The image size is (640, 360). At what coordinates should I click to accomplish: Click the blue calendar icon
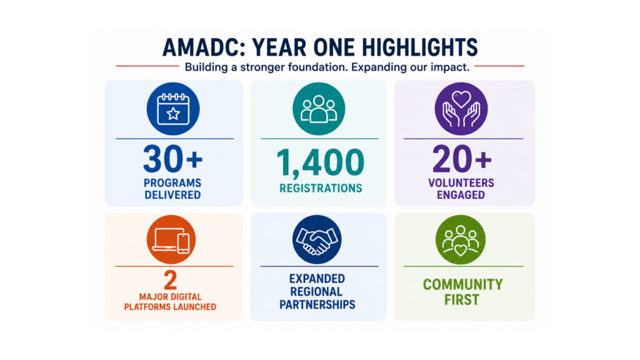coord(173,109)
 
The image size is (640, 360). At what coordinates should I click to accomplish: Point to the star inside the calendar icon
coord(173,114)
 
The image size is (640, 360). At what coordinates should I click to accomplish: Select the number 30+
coord(172,159)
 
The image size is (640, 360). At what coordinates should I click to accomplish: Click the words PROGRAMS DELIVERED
coord(172,189)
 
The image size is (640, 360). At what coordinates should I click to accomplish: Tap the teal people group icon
coord(319,109)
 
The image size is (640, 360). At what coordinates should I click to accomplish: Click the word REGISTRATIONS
coord(321,188)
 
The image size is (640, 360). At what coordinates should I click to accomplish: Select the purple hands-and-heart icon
coord(461,109)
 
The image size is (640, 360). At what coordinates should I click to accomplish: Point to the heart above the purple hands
coord(461,99)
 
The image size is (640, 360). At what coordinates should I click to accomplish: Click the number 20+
coord(462,159)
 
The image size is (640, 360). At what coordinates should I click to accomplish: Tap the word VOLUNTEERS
coord(461,183)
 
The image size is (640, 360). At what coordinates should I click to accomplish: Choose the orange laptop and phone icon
coord(171,239)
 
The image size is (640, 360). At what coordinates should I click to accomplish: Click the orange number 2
coord(171,281)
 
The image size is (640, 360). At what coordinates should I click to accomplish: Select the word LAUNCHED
coord(194,307)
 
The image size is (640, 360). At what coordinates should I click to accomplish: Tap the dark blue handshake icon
coord(317,239)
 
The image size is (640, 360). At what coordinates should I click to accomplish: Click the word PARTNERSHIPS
coord(317,304)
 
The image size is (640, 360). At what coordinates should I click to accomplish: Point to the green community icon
coord(461,239)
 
